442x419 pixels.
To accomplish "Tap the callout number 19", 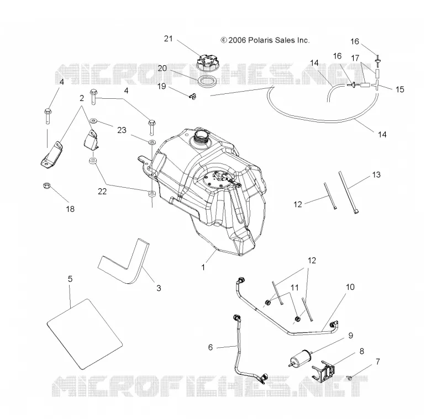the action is [x=161, y=86].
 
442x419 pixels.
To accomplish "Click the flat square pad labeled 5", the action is [x=85, y=334].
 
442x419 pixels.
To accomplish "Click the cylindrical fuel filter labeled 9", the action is [x=301, y=357].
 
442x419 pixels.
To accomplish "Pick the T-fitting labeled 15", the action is [x=376, y=84].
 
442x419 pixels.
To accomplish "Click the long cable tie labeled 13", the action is [x=349, y=193].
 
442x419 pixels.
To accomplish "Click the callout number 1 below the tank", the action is [x=203, y=267].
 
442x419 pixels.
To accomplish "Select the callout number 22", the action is [x=102, y=192].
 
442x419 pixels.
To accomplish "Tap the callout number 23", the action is [x=122, y=130].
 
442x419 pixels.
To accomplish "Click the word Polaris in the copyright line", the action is [x=260, y=40].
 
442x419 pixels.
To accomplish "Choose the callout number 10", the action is [x=350, y=287].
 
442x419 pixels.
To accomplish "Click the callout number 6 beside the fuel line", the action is [x=211, y=347].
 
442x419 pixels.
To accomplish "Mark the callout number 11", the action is [x=294, y=288].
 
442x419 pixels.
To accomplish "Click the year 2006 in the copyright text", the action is [x=237, y=40].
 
